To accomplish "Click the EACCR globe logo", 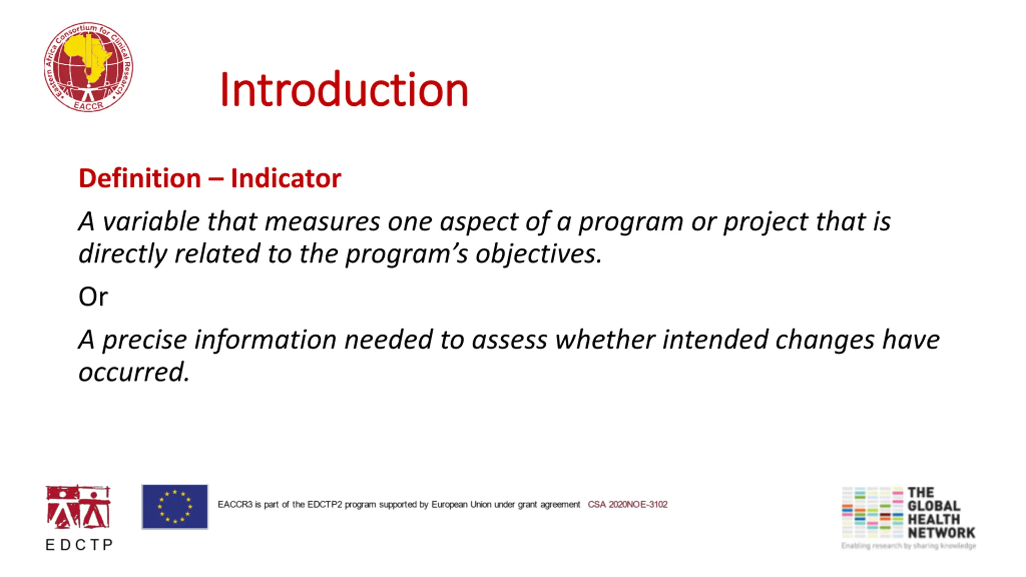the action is pyautogui.click(x=89, y=67).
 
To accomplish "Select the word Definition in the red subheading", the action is pyautogui.click(x=140, y=178).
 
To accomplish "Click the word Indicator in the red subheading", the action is pyautogui.click(x=286, y=178).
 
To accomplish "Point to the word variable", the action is pyautogui.click(x=151, y=221).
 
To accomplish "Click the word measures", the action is pyautogui.click(x=322, y=222).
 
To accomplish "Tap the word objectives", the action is pyautogui.click(x=539, y=254).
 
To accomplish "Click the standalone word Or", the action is pyautogui.click(x=93, y=297).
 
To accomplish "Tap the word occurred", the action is pyautogui.click(x=134, y=372).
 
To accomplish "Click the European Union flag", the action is pyautogui.click(x=175, y=506).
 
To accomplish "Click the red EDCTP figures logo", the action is pyautogui.click(x=78, y=507).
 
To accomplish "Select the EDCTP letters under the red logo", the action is pyautogui.click(x=79, y=545).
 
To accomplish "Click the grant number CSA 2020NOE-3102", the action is pyautogui.click(x=628, y=504).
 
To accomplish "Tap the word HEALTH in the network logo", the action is pyautogui.click(x=934, y=520).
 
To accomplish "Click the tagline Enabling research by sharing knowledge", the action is pyautogui.click(x=909, y=546).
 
